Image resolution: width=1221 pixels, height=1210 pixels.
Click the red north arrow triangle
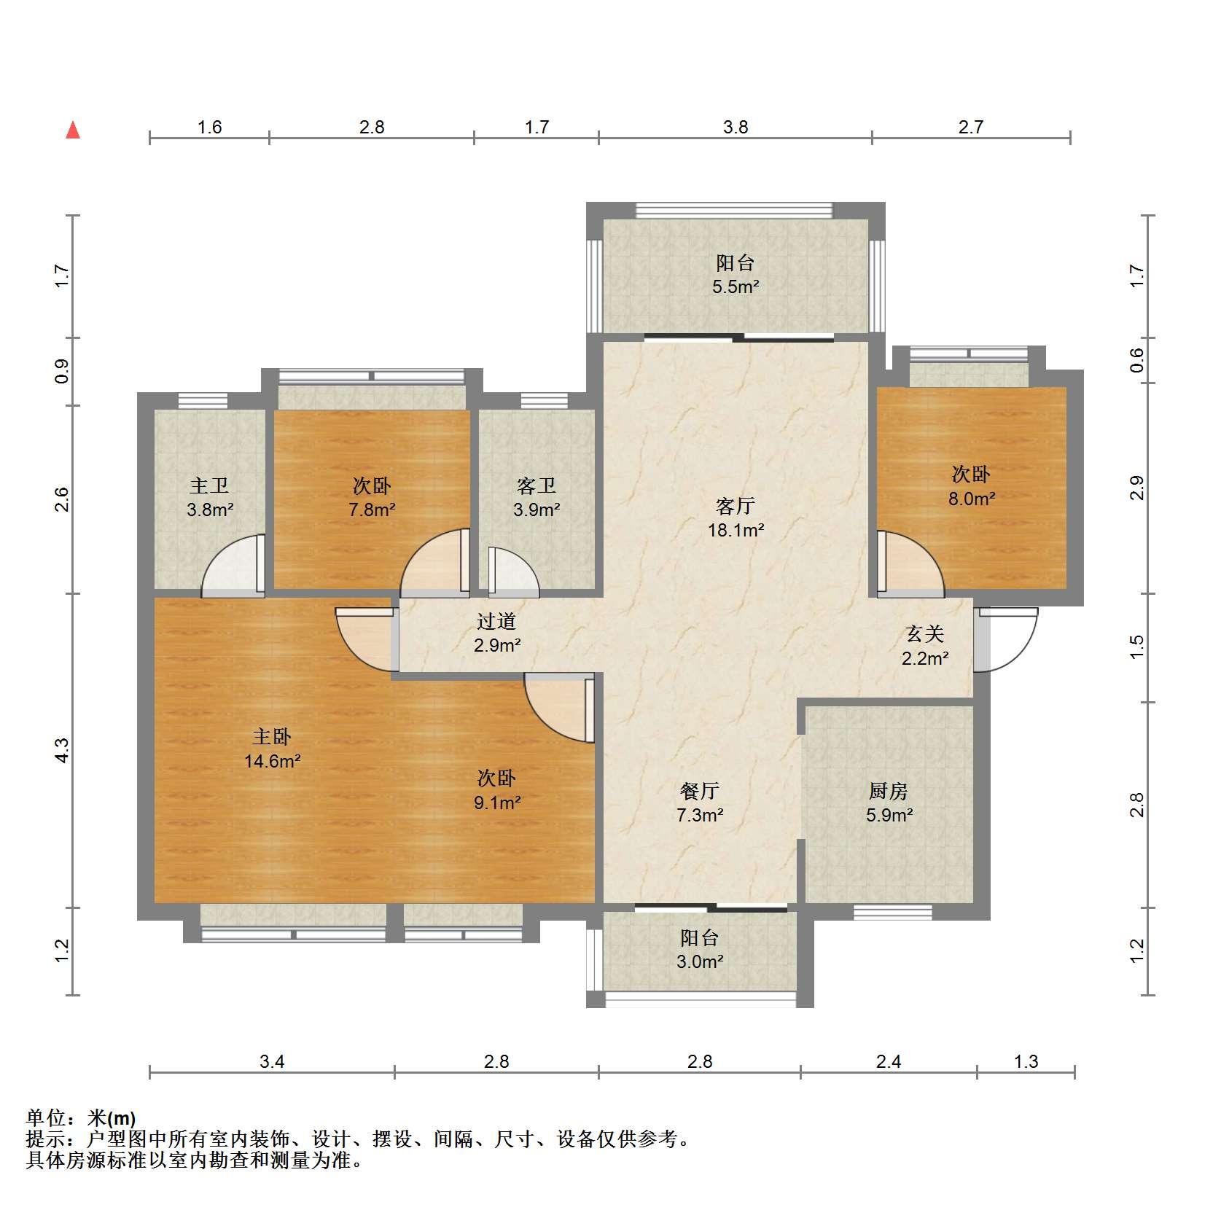(73, 130)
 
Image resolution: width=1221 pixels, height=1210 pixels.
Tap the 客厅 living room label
(735, 505)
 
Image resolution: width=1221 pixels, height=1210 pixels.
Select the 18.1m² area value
(736, 530)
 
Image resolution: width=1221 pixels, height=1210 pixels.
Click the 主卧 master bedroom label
(272, 738)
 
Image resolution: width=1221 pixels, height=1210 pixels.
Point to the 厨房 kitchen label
(889, 791)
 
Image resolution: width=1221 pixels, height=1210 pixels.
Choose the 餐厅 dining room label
(700, 791)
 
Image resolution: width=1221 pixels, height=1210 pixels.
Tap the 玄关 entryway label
(925, 634)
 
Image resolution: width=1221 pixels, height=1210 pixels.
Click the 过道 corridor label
(496, 621)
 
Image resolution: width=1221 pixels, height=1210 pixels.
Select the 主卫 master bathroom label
(210, 485)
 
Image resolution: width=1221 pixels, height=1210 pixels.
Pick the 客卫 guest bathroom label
(537, 485)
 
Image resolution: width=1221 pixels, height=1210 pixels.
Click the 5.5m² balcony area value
(736, 286)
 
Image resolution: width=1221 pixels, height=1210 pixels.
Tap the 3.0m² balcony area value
(700, 961)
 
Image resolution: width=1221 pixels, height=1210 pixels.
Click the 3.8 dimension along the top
(736, 127)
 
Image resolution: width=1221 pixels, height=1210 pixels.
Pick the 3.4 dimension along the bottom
(272, 1061)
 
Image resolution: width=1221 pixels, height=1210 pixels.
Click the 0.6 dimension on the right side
(1137, 360)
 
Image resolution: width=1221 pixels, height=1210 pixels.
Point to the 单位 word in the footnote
(45, 1118)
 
